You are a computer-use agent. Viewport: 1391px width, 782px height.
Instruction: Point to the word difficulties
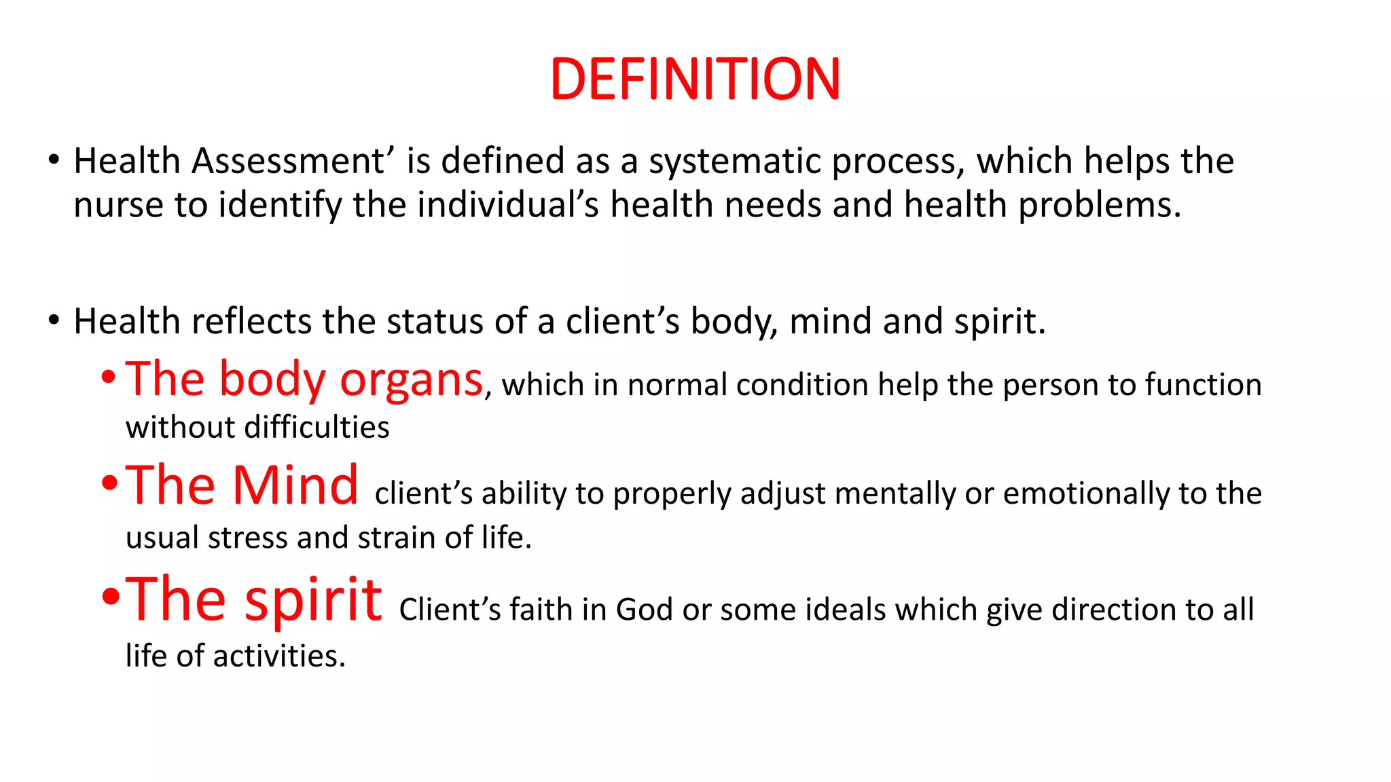(x=317, y=428)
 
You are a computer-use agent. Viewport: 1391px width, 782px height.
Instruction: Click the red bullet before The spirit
(x=110, y=597)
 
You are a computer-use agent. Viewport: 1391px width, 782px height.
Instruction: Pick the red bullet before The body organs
(x=109, y=378)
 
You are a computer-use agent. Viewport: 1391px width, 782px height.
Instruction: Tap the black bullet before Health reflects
(x=54, y=320)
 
